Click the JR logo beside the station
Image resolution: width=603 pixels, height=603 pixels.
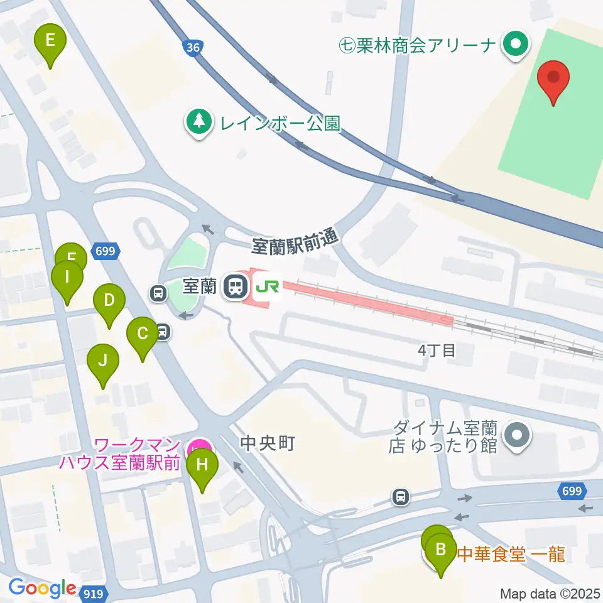click(x=266, y=286)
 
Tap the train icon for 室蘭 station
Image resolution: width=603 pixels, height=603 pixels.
click(x=236, y=286)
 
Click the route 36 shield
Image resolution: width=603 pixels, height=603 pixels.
click(x=193, y=47)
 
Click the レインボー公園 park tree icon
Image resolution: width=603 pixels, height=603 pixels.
click(x=199, y=122)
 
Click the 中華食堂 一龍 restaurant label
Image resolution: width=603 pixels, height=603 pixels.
click(x=510, y=554)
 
